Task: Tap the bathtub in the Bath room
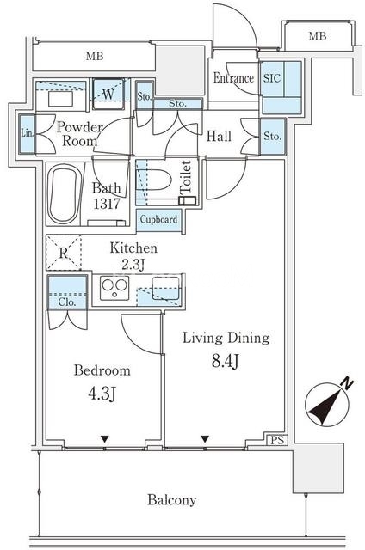(x=63, y=195)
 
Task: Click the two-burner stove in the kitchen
(x=114, y=288)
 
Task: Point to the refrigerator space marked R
(x=64, y=252)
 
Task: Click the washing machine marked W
(x=108, y=94)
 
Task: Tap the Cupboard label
(x=158, y=220)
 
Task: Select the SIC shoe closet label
(x=271, y=78)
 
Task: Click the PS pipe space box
(x=277, y=440)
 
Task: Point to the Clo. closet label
(x=67, y=302)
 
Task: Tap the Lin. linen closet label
(x=27, y=133)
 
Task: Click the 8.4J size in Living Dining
(x=226, y=361)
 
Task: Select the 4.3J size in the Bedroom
(x=102, y=394)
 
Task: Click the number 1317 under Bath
(x=107, y=203)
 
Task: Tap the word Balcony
(x=172, y=500)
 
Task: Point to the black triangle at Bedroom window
(x=104, y=439)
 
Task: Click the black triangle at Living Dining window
(x=205, y=439)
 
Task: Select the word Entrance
(x=233, y=78)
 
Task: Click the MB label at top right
(x=318, y=36)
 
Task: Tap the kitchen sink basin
(x=165, y=289)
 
